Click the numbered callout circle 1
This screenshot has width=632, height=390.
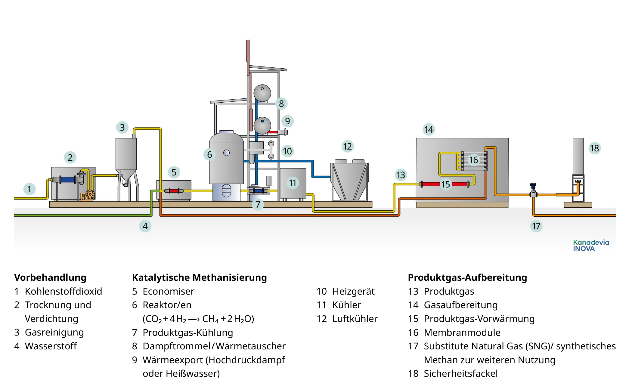[x=29, y=189]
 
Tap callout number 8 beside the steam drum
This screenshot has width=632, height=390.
[x=281, y=104]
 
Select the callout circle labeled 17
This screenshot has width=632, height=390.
[x=536, y=226]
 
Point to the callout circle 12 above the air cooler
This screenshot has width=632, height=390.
[x=348, y=147]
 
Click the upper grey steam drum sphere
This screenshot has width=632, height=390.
[x=262, y=93]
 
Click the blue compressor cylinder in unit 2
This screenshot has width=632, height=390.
[x=68, y=180]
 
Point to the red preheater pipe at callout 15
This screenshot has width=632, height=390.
[x=430, y=184]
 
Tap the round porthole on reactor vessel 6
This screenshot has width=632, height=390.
[x=227, y=153]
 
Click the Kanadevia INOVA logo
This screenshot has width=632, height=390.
[x=590, y=246]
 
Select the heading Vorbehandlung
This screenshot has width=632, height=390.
[x=50, y=277]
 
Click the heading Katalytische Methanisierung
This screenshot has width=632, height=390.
[x=199, y=277]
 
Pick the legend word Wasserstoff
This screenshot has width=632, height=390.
[x=51, y=346]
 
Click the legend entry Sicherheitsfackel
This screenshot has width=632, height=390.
[x=460, y=373]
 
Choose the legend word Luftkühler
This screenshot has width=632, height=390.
[x=355, y=319]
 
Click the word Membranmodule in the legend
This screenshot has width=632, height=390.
[x=462, y=333]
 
